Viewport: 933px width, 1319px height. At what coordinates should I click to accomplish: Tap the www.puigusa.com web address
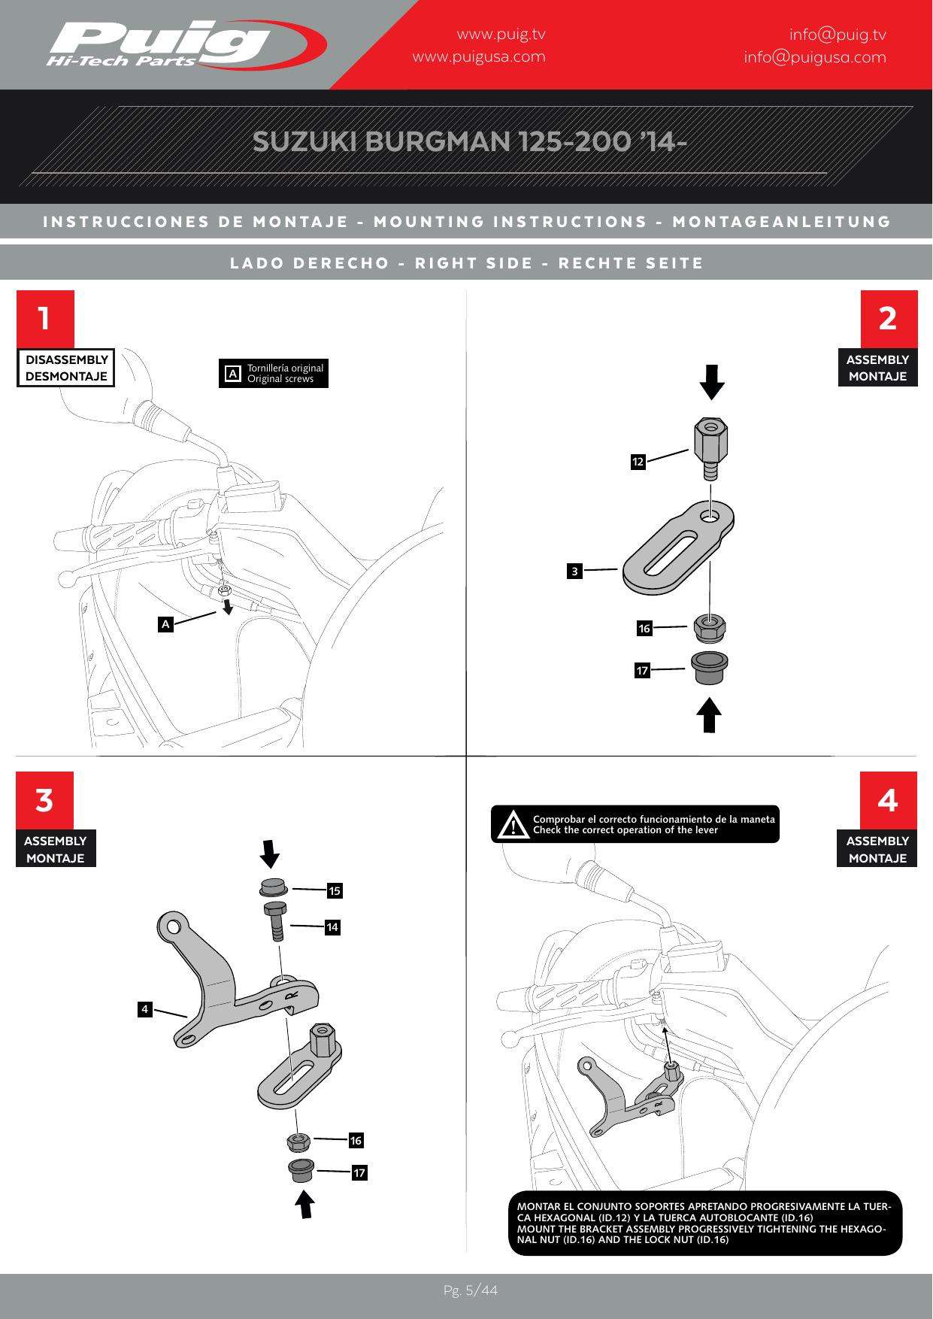(x=479, y=57)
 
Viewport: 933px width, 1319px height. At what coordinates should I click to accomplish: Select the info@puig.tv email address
(x=837, y=35)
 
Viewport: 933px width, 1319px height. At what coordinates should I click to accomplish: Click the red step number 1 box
(x=45, y=318)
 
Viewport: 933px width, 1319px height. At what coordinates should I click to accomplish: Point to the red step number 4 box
(x=888, y=800)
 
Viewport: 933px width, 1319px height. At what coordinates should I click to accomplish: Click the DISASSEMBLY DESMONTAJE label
(x=66, y=368)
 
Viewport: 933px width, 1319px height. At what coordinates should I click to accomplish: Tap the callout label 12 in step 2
(x=638, y=462)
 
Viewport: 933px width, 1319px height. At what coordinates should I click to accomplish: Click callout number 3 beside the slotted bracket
(x=574, y=572)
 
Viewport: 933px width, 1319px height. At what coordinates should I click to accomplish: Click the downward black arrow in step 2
(x=711, y=382)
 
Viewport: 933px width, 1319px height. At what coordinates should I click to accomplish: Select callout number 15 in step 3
(x=335, y=891)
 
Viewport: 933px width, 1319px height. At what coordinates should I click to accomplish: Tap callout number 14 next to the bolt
(x=332, y=928)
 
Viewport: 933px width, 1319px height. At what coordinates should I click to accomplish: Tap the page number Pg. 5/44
(x=470, y=1290)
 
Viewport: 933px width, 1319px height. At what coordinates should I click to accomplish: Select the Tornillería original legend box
(x=274, y=373)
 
